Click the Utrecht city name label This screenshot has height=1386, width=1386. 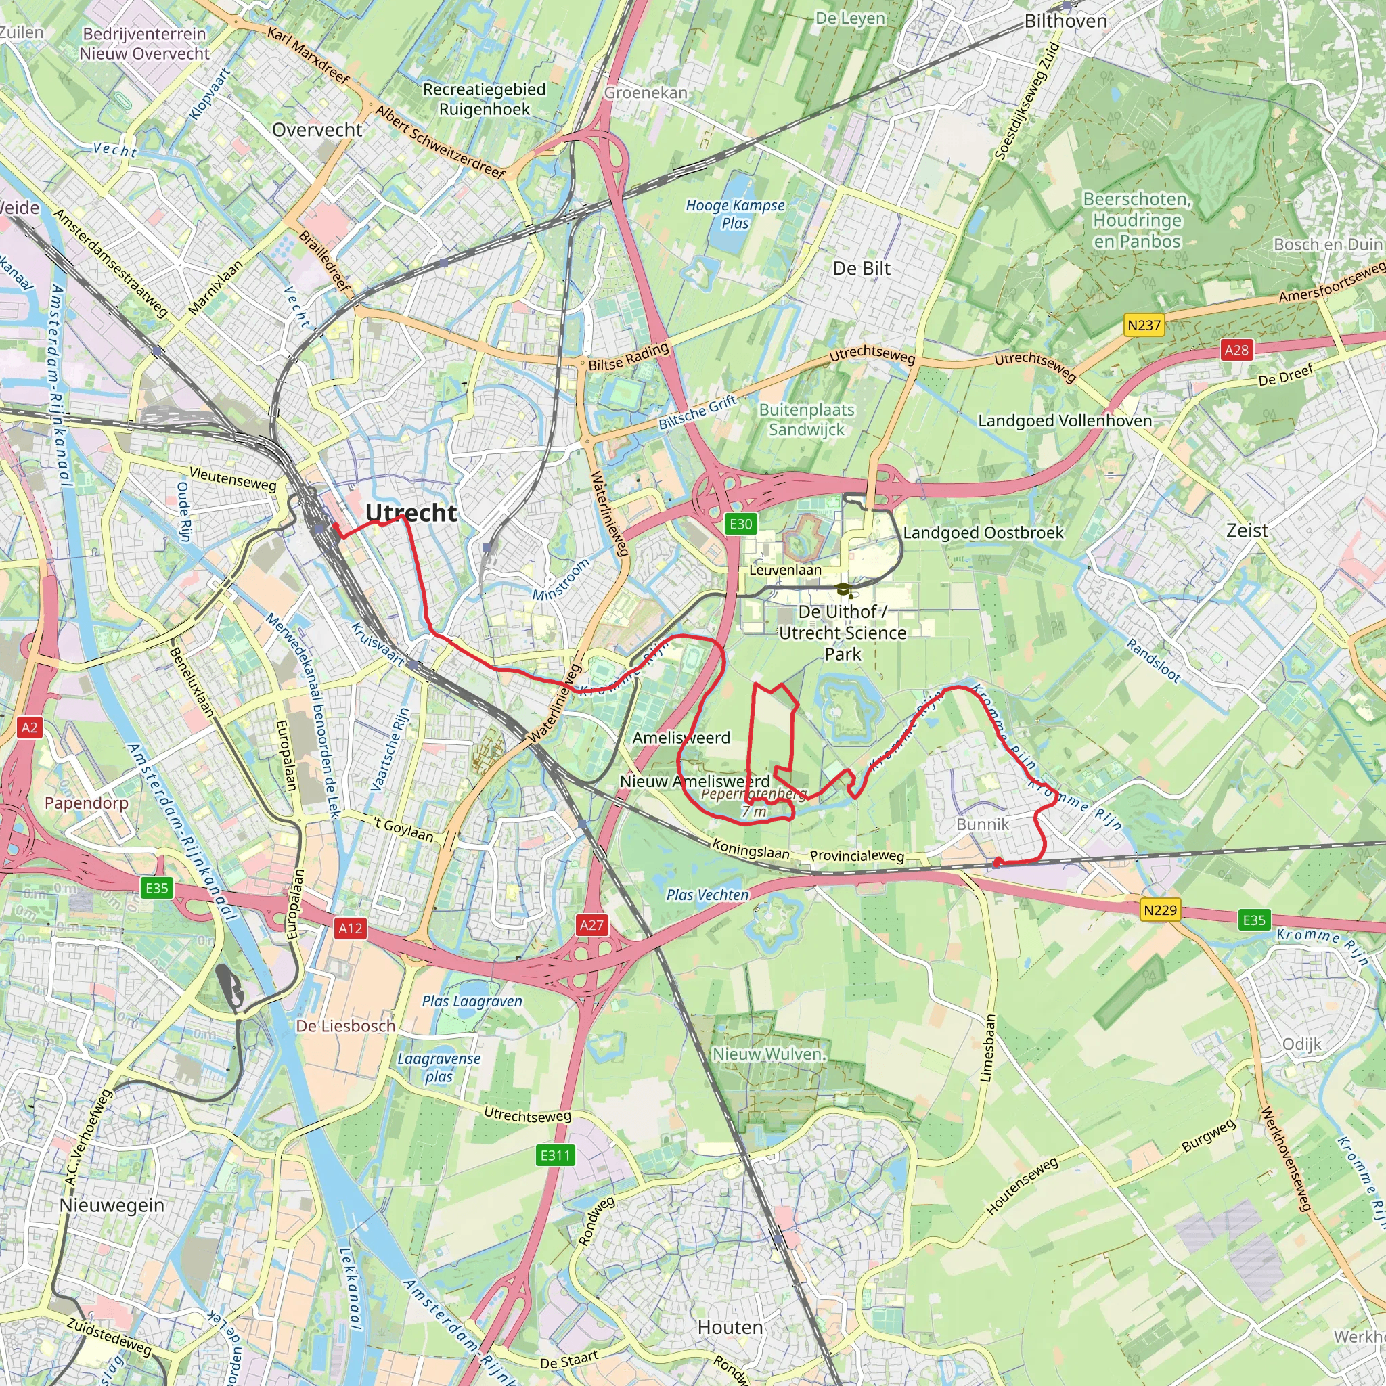coord(410,513)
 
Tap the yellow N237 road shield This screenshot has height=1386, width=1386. coord(1144,326)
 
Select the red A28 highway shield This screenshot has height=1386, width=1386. coord(1236,350)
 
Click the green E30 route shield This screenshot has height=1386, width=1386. coord(740,524)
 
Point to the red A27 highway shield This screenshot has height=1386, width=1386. coord(592,924)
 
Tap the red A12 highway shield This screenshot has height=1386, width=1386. coord(350,929)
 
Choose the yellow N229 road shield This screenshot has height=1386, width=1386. coord(1160,910)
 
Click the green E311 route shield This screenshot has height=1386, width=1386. coord(555,1155)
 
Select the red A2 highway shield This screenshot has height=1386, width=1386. coord(29,728)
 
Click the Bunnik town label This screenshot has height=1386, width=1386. coord(982,824)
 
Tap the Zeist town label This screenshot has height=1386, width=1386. coord(1247,531)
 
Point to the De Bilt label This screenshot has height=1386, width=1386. coord(862,268)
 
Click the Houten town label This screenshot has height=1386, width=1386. coord(730,1327)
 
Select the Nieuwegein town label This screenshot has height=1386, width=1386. coord(112,1205)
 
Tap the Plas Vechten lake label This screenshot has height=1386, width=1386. coord(707,895)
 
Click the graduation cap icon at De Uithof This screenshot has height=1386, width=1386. coord(844,589)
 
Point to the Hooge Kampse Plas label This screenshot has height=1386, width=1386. coord(736,214)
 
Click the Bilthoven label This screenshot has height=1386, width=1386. coord(1065,22)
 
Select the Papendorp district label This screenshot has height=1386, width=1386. coord(86,803)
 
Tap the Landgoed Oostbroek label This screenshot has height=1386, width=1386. coord(983,533)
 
